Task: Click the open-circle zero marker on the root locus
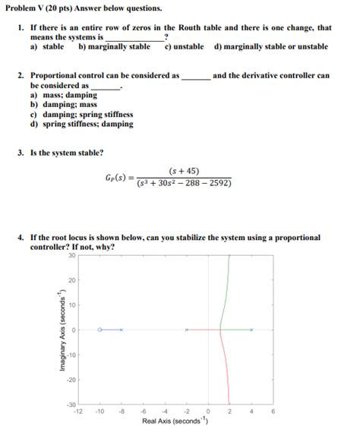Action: pyautogui.click(x=99, y=330)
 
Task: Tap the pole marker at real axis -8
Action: pyautogui.click(x=121, y=330)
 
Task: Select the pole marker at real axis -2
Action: pyautogui.click(x=187, y=330)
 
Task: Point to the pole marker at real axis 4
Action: pyautogui.click(x=252, y=330)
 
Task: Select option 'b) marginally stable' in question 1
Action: pyautogui.click(x=114, y=47)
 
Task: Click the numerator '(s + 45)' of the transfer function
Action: pyautogui.click(x=185, y=171)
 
